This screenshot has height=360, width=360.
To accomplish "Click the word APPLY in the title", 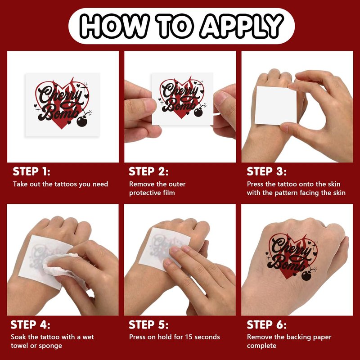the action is coord(242,26).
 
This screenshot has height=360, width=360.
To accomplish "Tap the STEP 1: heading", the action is coord(31,171).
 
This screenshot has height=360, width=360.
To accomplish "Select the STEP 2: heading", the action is coord(148,171).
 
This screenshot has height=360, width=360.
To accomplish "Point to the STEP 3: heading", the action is coord(266,171).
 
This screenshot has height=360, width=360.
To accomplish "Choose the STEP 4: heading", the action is coord(30,324).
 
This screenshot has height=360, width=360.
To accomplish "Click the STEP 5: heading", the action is coord(148,324).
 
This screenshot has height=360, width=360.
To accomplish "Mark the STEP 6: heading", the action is coord(266,324).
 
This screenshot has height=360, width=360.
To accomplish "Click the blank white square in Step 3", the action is coord(275,106).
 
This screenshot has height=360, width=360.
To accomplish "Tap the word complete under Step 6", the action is coord(261,346).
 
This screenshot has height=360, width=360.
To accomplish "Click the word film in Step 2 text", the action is coord(169,193).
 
